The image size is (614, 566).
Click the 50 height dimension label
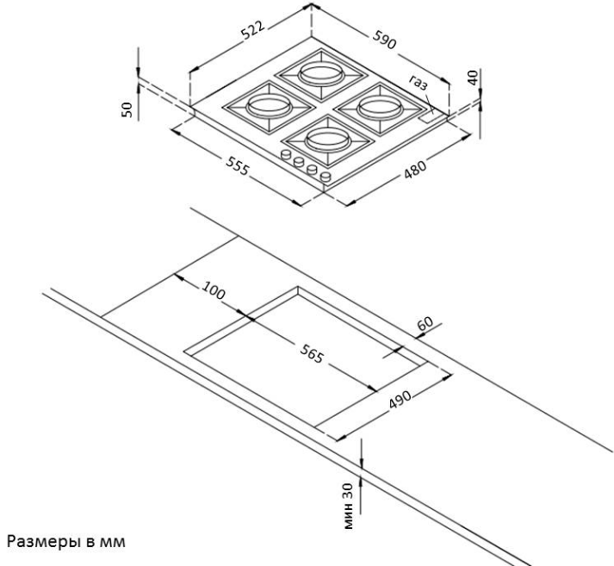point(127,109)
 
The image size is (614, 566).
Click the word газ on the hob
point(419,84)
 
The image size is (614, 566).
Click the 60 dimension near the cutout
point(423,325)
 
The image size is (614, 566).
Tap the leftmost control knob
point(285,155)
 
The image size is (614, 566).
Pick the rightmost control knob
point(326,177)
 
